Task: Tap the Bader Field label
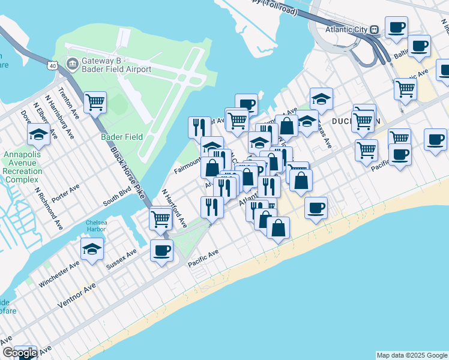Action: point(122,137)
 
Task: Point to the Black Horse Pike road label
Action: point(128,173)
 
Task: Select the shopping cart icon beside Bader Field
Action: point(95,103)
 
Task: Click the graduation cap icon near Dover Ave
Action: point(38,134)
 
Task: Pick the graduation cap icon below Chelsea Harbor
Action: point(92,250)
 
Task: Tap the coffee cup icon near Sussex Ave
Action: point(161,250)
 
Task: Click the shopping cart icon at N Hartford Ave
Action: point(160,218)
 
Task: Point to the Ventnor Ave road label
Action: point(76,296)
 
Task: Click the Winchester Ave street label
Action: point(59,274)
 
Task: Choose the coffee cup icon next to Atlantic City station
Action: point(396,27)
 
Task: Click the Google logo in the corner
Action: point(19,353)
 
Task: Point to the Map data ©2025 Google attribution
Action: point(412,355)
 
